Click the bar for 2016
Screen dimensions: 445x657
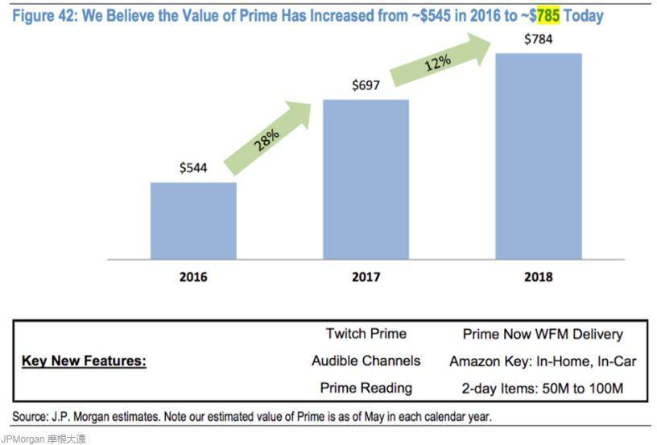tap(193, 220)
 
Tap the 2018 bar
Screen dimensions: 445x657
tap(538, 156)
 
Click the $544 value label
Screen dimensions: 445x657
tap(193, 168)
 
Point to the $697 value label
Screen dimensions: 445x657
tap(366, 85)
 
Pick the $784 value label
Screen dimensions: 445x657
tap(538, 39)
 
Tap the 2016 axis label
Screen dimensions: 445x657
tap(193, 277)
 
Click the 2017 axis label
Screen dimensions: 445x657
tap(366, 277)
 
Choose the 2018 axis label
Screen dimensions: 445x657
tap(538, 277)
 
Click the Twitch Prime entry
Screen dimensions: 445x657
tap(366, 334)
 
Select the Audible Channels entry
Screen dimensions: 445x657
tap(366, 361)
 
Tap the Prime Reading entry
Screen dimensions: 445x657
tap(366, 388)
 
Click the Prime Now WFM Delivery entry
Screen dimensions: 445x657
tap(543, 334)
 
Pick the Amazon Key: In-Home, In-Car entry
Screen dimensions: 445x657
tap(543, 361)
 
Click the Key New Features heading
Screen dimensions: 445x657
tap(84, 361)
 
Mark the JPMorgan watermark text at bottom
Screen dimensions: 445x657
tap(43, 439)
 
